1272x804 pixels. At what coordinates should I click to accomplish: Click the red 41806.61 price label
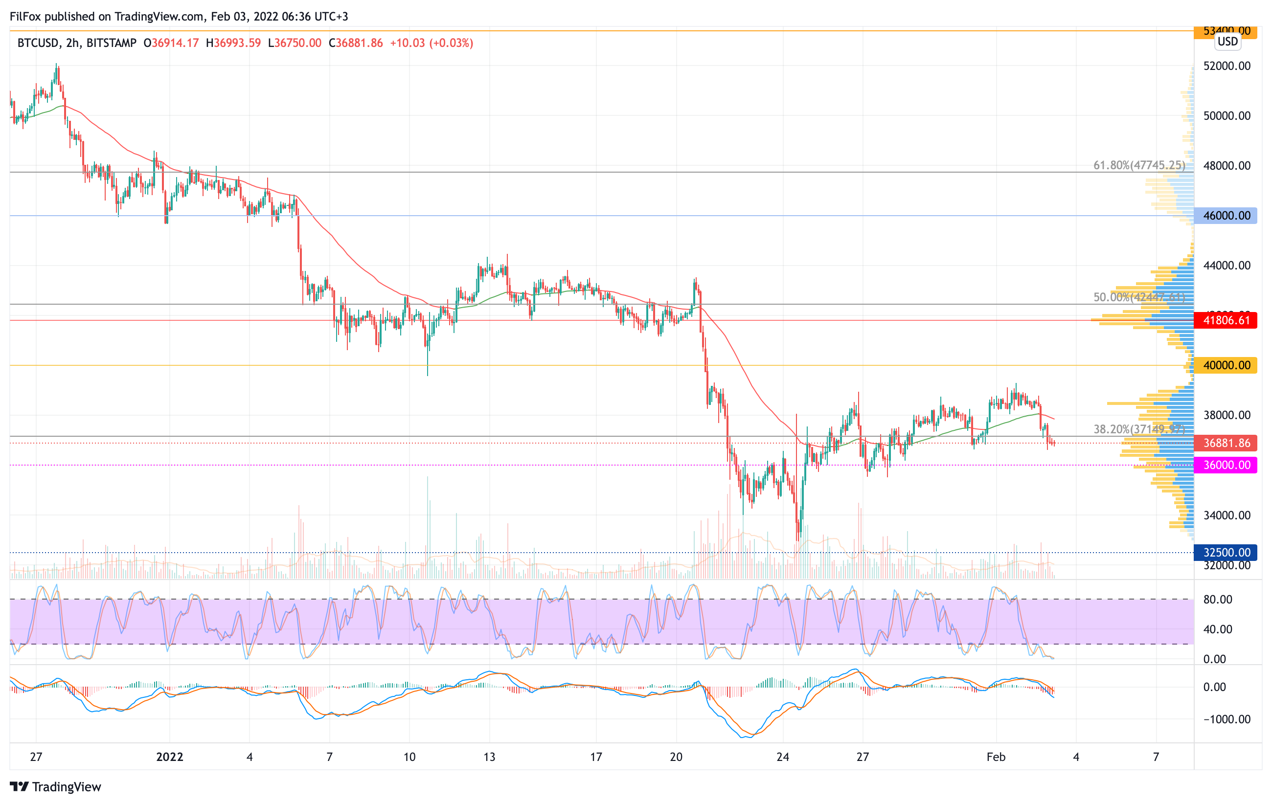click(1226, 320)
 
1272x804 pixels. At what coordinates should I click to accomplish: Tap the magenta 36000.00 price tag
click(1226, 465)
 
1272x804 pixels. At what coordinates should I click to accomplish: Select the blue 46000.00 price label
click(1226, 215)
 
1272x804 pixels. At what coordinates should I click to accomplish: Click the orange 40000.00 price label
click(1226, 365)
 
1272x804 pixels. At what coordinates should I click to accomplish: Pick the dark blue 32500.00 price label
click(1226, 553)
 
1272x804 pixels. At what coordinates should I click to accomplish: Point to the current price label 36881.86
click(1226, 443)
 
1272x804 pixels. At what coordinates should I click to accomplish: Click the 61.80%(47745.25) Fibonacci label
click(1139, 165)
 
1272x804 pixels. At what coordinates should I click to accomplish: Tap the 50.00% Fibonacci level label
click(1139, 297)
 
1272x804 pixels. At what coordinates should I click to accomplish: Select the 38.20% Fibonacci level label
click(1139, 429)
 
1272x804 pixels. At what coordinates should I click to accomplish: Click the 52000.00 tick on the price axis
click(1227, 66)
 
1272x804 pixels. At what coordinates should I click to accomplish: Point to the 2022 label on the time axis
click(170, 757)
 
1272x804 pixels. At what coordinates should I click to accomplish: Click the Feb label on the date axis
click(996, 757)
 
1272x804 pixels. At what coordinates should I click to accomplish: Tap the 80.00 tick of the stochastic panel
click(1218, 599)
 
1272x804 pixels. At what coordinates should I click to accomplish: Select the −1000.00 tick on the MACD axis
click(1226, 719)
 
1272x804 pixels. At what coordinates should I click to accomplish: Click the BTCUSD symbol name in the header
click(38, 43)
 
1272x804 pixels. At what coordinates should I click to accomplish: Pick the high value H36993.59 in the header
click(233, 43)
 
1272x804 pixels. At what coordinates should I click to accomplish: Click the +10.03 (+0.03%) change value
click(431, 43)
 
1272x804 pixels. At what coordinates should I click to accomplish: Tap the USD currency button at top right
click(1227, 41)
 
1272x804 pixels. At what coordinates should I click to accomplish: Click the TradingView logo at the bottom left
click(55, 786)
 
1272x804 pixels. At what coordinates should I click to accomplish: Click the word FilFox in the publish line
click(25, 16)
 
